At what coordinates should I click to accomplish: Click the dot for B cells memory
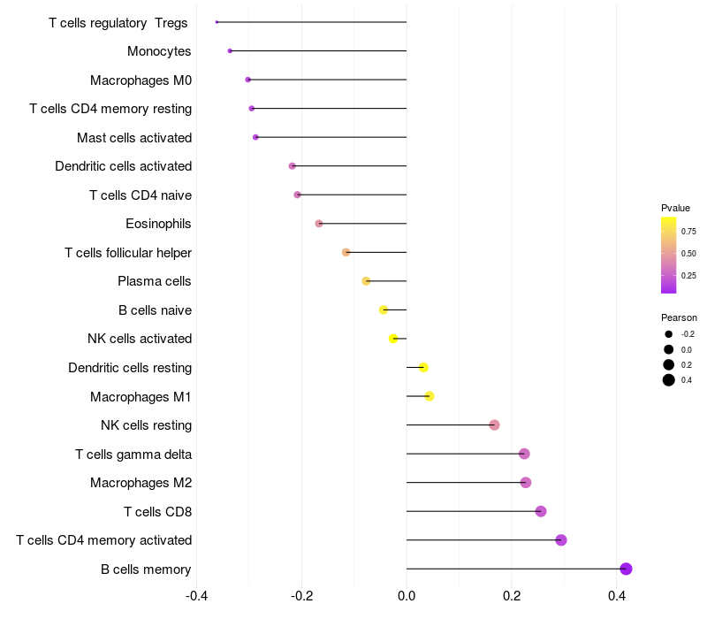626,569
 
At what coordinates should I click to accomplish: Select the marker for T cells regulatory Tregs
217,22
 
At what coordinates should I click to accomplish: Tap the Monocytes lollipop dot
230,51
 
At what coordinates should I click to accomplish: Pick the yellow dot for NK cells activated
393,339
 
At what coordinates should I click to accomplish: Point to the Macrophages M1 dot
430,396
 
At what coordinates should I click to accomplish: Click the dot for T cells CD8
541,511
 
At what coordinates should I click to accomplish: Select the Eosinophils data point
319,224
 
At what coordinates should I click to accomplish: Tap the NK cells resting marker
494,425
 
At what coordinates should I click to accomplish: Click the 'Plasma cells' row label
155,281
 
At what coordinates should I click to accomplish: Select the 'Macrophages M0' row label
141,80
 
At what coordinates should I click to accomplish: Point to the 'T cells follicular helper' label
128,253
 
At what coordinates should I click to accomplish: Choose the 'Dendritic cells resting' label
130,368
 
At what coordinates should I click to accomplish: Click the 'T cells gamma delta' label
133,455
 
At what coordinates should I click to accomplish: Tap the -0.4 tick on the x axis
197,596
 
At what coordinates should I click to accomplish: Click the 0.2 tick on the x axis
512,596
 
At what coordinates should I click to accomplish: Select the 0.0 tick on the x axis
407,596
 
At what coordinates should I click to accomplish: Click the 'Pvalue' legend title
675,208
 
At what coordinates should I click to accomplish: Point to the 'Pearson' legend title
679,317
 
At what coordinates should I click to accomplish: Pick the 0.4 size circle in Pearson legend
669,380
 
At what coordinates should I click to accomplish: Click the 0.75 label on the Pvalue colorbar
688,232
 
